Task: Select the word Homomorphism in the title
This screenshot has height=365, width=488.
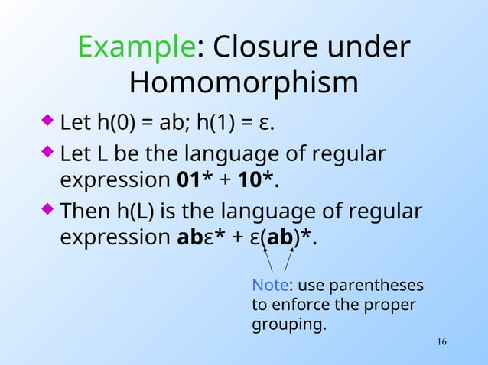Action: click(x=243, y=82)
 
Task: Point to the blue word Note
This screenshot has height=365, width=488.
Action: click(x=270, y=286)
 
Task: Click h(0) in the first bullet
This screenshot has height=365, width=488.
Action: click(x=114, y=122)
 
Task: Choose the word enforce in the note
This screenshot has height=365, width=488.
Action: click(x=294, y=305)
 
